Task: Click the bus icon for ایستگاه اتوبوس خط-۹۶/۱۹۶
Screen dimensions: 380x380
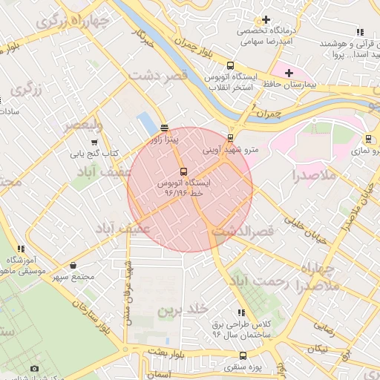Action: [x=184, y=171]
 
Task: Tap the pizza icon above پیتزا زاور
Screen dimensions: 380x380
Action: [x=164, y=128]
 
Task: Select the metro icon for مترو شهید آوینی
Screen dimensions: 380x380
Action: [x=230, y=137]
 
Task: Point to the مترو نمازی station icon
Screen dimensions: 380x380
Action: [x=368, y=138]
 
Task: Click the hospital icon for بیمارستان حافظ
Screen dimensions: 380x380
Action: [x=289, y=73]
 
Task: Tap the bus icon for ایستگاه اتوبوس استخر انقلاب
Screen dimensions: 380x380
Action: [x=230, y=65]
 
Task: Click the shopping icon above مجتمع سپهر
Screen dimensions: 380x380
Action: [x=73, y=265]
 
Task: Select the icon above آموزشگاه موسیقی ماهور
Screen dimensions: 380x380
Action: [x=22, y=249]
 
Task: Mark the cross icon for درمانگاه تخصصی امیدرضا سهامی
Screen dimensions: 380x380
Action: [x=265, y=19]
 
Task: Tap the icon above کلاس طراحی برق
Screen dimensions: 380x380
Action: [x=240, y=313]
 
